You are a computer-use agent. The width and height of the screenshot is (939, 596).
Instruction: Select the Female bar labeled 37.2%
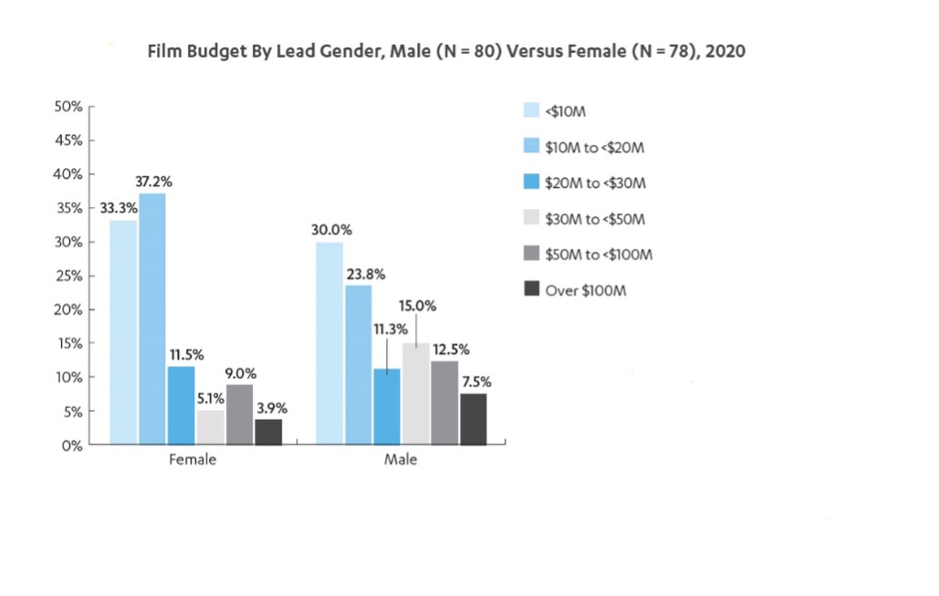[x=152, y=319]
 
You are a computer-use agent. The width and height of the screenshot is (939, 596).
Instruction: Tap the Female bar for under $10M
[x=124, y=332]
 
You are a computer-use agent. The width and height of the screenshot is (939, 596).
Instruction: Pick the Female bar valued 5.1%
[x=211, y=427]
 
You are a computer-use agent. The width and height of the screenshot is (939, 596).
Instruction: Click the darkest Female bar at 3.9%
[x=268, y=432]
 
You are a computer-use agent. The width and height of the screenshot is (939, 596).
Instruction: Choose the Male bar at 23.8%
[x=359, y=365]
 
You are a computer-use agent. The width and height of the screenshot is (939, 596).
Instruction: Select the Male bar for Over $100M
[x=474, y=419]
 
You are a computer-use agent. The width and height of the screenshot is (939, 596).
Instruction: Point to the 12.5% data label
[x=446, y=350]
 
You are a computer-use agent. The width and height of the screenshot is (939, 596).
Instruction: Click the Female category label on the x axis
[x=193, y=460]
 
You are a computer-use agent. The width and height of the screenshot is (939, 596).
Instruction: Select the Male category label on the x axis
[x=401, y=460]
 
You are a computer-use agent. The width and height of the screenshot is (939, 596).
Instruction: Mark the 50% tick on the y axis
[x=70, y=107]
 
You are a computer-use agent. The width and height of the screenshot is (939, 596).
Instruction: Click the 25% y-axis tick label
[x=70, y=277]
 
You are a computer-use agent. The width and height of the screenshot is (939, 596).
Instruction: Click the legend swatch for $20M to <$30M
[x=531, y=183]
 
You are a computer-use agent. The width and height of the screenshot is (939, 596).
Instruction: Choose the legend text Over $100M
[x=585, y=290]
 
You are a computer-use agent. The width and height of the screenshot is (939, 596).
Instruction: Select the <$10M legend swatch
[x=531, y=111]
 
